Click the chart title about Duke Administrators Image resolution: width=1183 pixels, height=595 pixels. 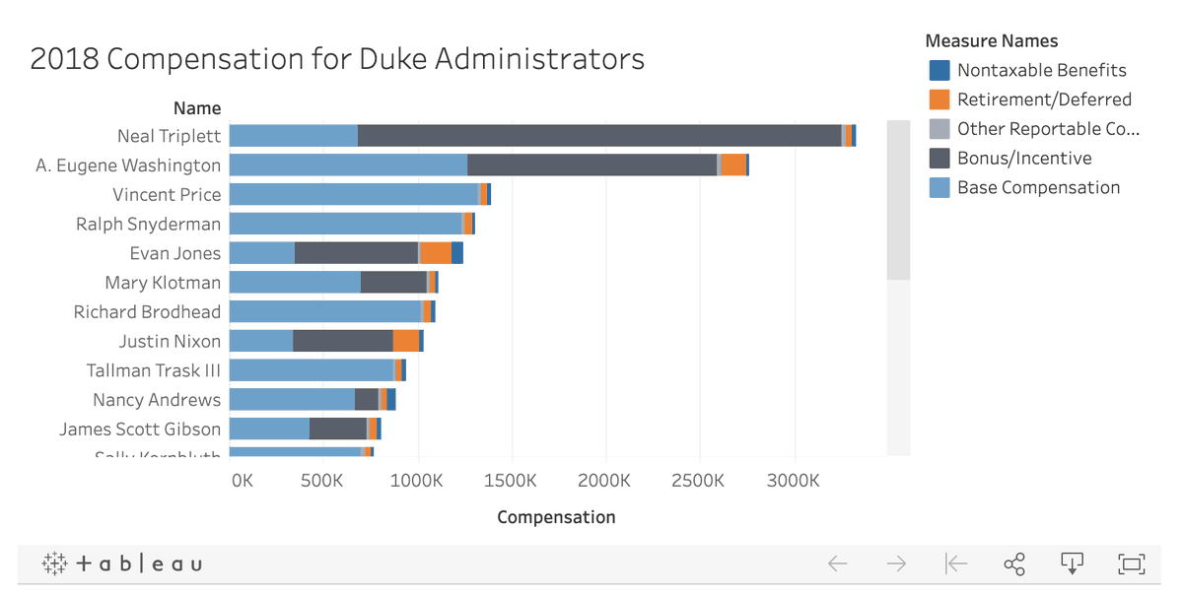point(337,59)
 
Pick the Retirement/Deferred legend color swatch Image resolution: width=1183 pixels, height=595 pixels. point(939,99)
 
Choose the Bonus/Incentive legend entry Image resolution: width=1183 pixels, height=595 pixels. point(1024,159)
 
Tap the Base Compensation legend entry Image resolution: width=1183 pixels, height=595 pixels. point(1038,188)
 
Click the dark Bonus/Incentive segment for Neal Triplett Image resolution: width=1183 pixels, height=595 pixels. point(598,136)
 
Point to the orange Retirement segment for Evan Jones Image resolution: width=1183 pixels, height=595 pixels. point(436,253)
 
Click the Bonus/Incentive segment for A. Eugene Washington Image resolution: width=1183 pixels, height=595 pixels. point(591,165)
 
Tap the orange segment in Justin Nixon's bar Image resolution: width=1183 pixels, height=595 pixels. point(406,341)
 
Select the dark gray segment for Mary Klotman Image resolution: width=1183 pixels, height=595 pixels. point(393,283)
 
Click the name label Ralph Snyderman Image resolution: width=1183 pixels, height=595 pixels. point(148,224)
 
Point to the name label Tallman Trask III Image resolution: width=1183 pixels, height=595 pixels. point(154,370)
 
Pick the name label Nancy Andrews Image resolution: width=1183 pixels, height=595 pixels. point(157,400)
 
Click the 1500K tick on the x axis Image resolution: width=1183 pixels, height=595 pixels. point(511,481)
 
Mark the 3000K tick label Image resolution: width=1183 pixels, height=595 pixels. point(793,481)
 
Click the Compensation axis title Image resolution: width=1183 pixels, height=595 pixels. point(556,517)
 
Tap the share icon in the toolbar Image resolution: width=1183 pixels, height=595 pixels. point(1013,563)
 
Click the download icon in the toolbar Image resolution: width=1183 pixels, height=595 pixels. point(1072,563)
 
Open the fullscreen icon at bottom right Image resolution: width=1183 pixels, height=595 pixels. point(1131,563)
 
